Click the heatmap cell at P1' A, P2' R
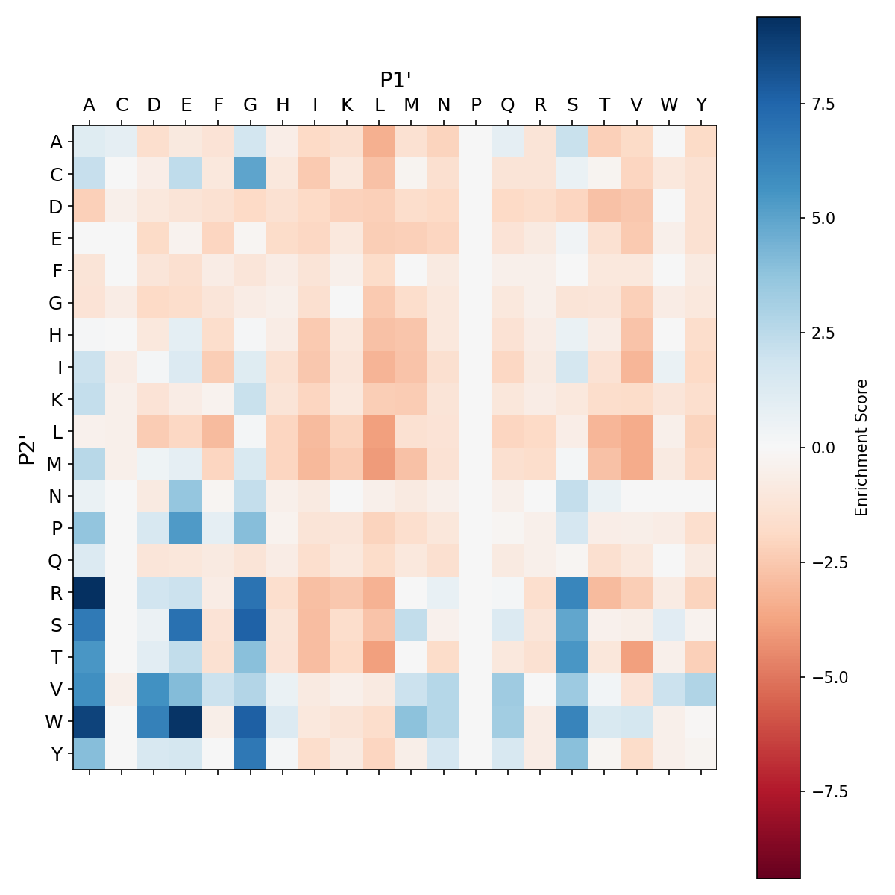coord(89,592)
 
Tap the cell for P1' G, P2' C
coord(250,175)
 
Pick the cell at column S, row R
coord(572,592)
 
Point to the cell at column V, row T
coord(636,656)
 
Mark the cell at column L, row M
coord(379,464)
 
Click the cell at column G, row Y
coord(250,753)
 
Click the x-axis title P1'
coord(395,80)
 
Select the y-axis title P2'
coord(27,448)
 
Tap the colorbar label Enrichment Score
coord(861,447)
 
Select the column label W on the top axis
coord(668,105)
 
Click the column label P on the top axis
coord(475,105)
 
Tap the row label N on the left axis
coord(55,496)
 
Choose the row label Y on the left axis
coord(55,753)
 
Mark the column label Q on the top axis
coord(508,105)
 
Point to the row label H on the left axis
coord(55,335)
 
